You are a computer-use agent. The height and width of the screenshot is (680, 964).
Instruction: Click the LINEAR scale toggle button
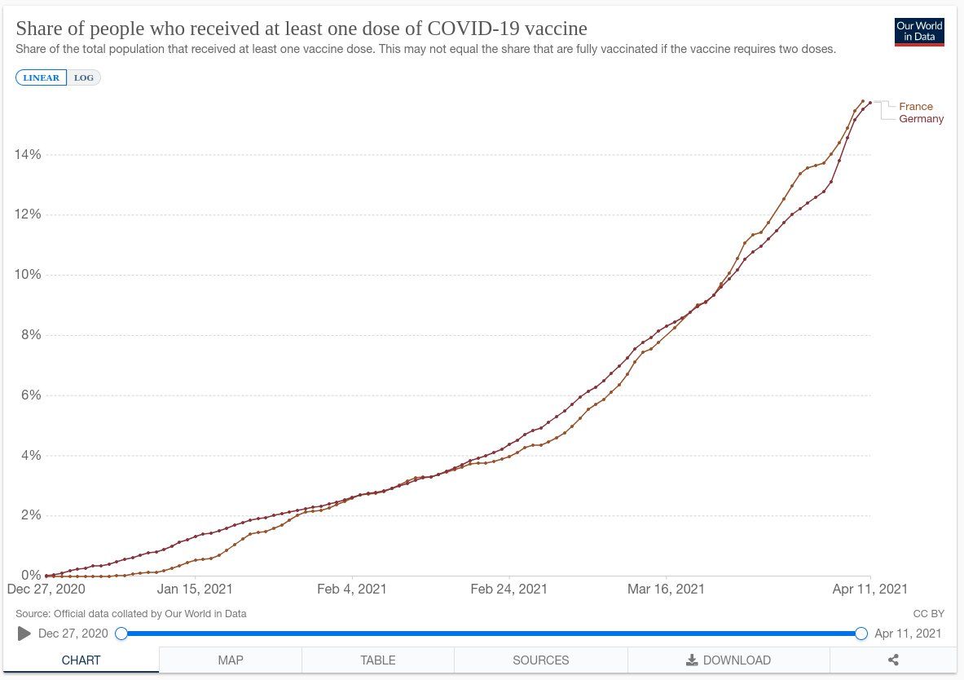point(41,77)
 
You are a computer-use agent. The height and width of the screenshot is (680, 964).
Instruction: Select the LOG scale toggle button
point(83,77)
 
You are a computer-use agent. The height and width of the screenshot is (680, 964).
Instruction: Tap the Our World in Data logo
point(919,32)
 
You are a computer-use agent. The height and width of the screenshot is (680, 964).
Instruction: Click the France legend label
point(916,107)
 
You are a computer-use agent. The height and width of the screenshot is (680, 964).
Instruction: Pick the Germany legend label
point(921,119)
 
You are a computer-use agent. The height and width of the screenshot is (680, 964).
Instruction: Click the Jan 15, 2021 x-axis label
point(195,589)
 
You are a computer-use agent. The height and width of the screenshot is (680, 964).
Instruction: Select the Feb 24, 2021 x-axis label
point(509,589)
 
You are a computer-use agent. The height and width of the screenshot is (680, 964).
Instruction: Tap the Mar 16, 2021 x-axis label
point(666,589)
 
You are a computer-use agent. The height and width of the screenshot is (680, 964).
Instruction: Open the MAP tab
point(231,660)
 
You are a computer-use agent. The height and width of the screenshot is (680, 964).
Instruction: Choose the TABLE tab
point(378,660)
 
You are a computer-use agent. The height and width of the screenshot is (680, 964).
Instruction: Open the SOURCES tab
point(541,660)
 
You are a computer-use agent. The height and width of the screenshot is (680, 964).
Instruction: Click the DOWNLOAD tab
point(729,660)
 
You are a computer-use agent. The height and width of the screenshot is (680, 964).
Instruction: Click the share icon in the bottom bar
point(893,660)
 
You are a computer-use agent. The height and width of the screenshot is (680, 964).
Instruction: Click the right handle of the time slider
point(861,634)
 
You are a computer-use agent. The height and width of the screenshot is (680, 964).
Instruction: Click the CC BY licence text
point(929,613)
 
